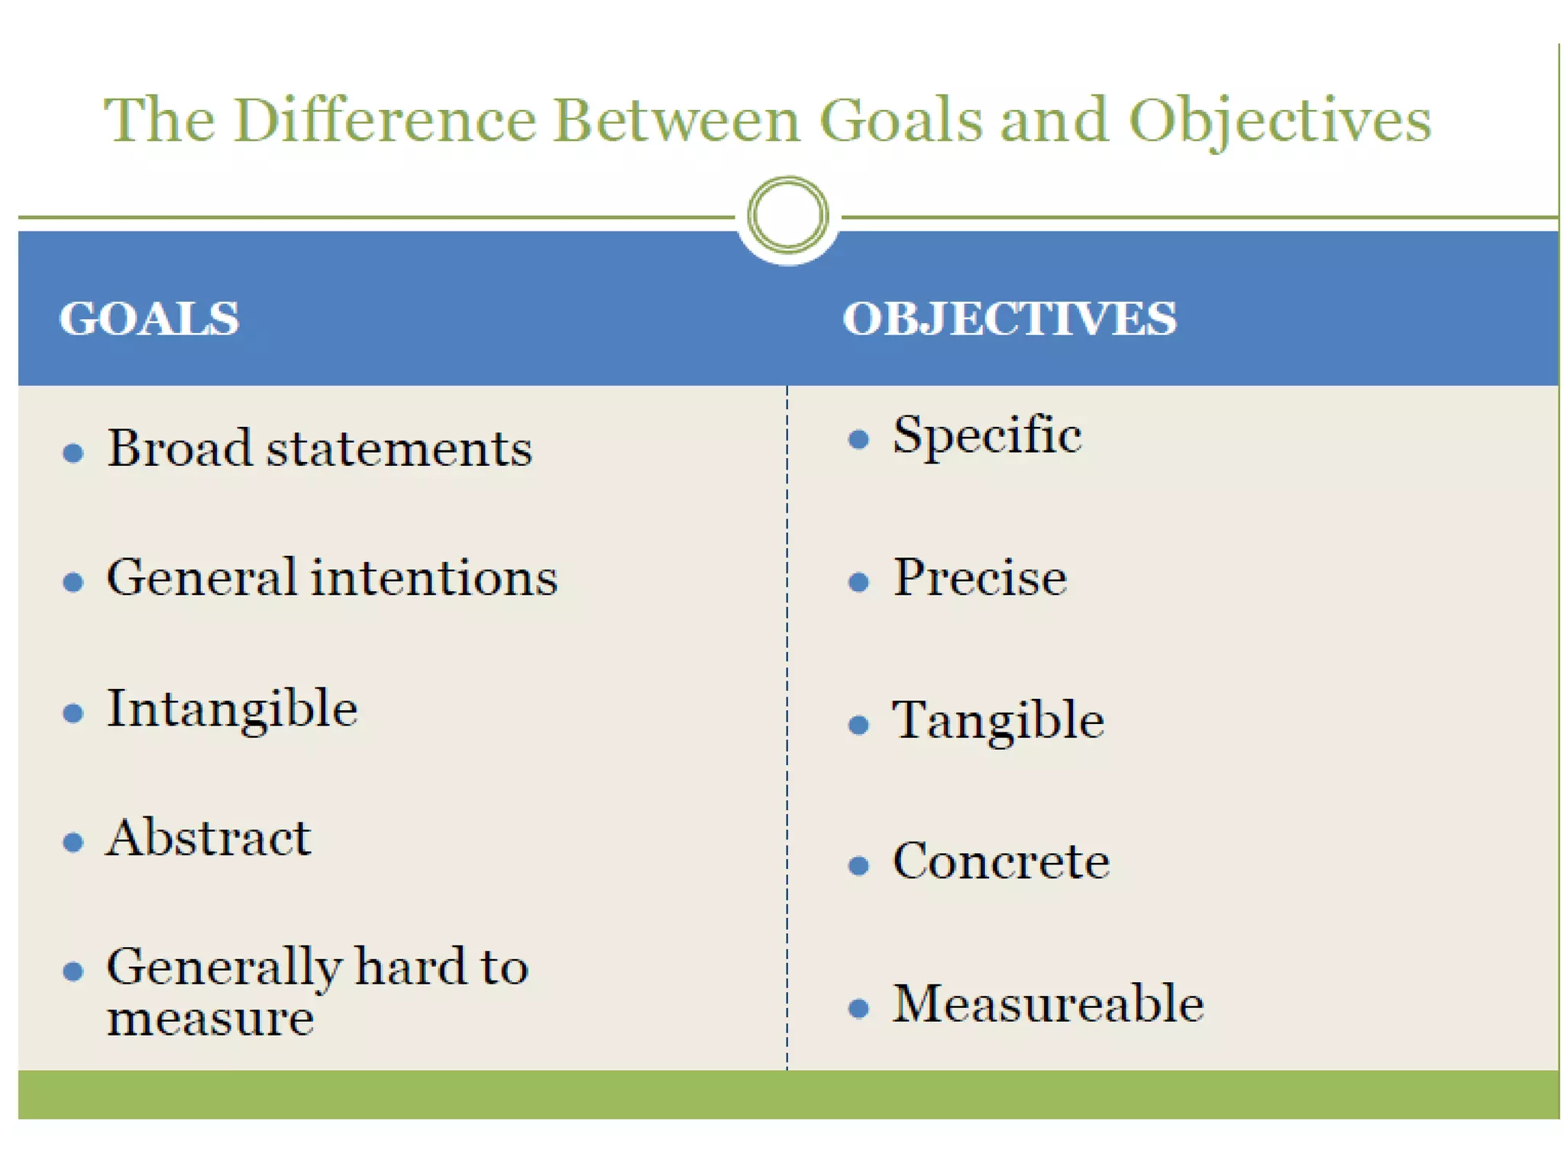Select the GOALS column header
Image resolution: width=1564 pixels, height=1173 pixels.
tap(149, 318)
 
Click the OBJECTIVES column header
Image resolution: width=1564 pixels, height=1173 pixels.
tap(1009, 318)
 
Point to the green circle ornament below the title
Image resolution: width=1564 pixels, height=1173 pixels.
tap(787, 215)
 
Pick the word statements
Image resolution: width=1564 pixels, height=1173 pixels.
tap(399, 449)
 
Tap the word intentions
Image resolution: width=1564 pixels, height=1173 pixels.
tap(435, 577)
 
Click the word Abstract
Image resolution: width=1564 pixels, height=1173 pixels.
tap(208, 838)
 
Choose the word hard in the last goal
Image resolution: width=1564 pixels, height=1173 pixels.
tap(410, 967)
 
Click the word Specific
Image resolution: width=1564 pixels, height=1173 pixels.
tap(987, 437)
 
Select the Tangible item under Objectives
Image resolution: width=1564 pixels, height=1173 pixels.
tap(998, 721)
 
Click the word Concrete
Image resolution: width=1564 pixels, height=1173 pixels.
tap(1000, 862)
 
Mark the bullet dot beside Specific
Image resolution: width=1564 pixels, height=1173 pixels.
tap(858, 439)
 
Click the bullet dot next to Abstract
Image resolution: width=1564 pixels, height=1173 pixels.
tap(73, 842)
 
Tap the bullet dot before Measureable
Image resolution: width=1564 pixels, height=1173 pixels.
tap(858, 1009)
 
